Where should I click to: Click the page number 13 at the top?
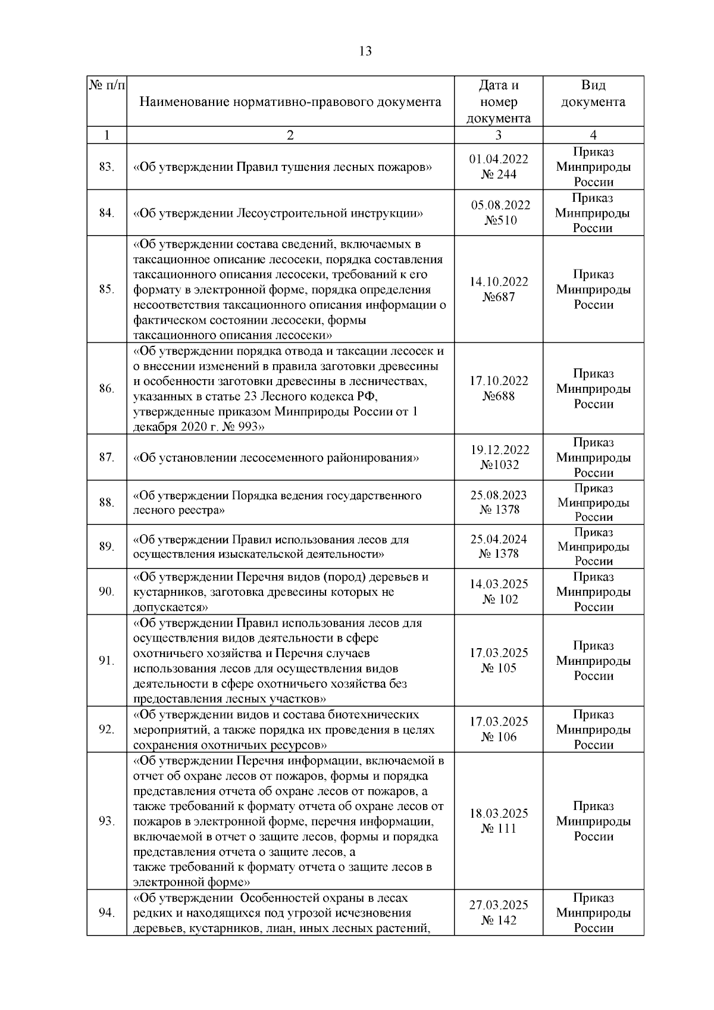(x=365, y=51)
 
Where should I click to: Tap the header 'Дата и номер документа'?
(x=498, y=101)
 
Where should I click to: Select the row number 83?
(x=107, y=167)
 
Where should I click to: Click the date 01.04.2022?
(x=499, y=160)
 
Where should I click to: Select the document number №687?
(x=499, y=297)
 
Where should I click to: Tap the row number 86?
(x=107, y=389)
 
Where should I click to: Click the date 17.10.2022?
(x=499, y=381)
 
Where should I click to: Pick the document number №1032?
(x=499, y=465)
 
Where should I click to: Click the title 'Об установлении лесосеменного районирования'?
(x=276, y=458)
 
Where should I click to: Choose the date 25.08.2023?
(x=499, y=495)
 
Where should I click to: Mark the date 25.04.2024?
(x=499, y=539)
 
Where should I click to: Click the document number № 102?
(x=500, y=599)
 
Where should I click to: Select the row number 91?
(x=107, y=661)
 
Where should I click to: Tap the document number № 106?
(x=499, y=737)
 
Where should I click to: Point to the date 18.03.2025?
(x=499, y=814)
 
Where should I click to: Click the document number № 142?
(x=499, y=920)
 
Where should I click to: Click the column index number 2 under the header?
(x=290, y=135)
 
